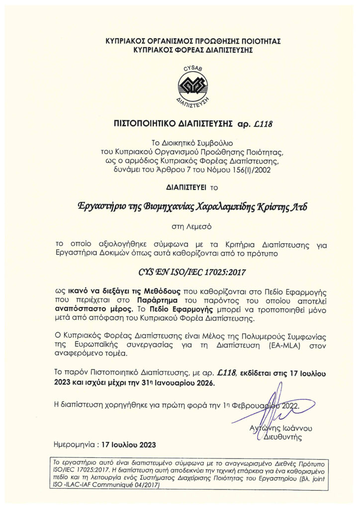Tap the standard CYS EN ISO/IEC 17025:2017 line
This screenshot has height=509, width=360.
coord(180,271)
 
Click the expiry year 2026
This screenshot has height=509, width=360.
coord(203,384)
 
